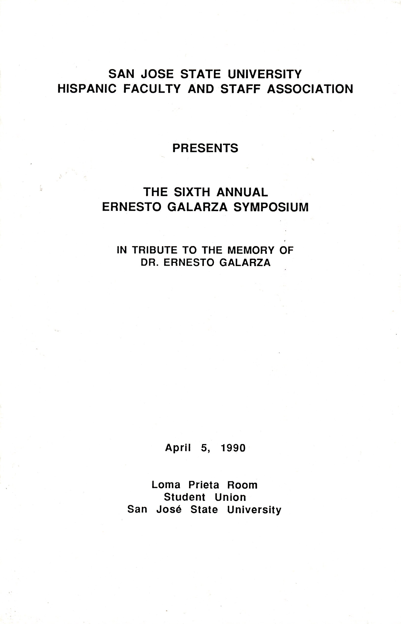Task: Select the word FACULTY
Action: point(152,89)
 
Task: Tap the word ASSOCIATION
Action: point(310,89)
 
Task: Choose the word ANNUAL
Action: point(242,192)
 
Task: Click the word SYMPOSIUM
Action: point(271,207)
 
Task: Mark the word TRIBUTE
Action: point(155,250)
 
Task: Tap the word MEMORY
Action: point(251,250)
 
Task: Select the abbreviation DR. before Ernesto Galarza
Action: point(150,263)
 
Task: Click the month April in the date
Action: point(178,448)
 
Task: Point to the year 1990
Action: point(233,448)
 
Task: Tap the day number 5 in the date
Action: point(204,448)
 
